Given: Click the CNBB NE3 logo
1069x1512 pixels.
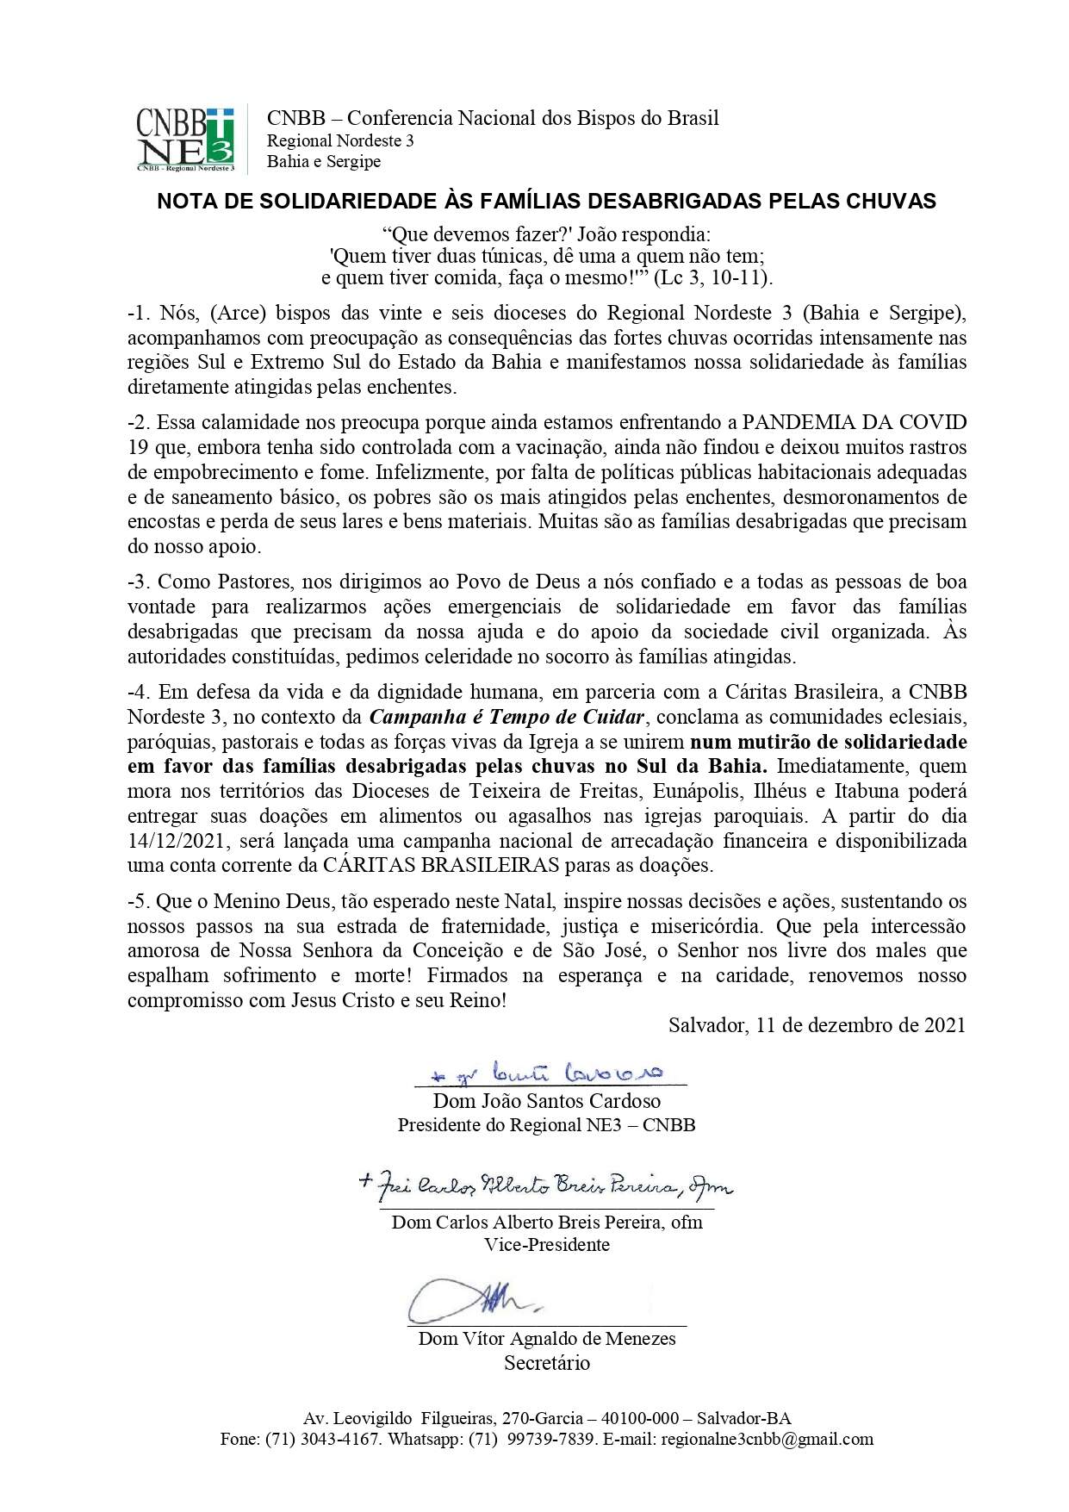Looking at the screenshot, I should [x=184, y=138].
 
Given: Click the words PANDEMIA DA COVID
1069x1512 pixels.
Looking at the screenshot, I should [x=855, y=423].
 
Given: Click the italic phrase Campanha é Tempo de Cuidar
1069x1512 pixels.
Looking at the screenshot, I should [x=507, y=717].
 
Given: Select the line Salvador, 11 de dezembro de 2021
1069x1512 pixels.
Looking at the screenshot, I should [x=817, y=1024].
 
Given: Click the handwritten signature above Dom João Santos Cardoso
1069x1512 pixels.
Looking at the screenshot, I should [x=546, y=1073].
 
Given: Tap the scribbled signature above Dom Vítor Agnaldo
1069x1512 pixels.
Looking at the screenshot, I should [x=474, y=1300].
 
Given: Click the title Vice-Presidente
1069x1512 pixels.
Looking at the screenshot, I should [x=547, y=1245].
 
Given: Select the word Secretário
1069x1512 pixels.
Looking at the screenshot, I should [x=547, y=1363].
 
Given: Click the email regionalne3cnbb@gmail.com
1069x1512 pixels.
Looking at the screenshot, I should [x=767, y=1439].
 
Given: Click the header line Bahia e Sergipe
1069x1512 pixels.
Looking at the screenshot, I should [x=324, y=162].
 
